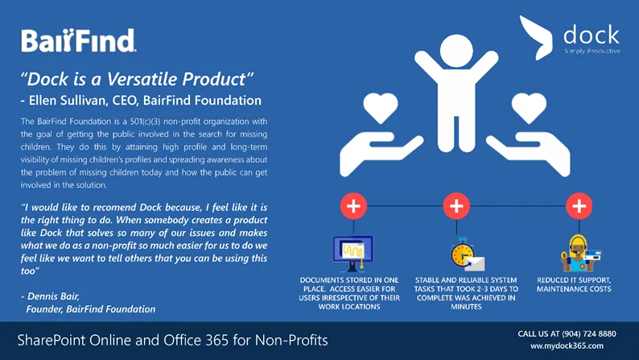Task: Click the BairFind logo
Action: pos(79,40)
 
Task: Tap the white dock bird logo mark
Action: pos(535,38)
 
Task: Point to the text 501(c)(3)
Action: pos(147,122)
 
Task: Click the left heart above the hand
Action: pos(381,108)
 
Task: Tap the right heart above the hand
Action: pos(529,108)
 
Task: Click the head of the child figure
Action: pos(456,51)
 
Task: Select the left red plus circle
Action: pos(353,206)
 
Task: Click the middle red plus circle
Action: pos(456,206)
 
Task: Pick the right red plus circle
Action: pos(579,206)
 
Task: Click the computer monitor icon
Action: pos(353,254)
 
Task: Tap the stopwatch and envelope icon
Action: pos(467,254)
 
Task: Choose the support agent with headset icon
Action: pos(579,253)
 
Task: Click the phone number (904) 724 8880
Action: pos(589,334)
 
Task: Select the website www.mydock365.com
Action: pos(567,346)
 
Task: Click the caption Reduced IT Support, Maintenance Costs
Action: pos(574,284)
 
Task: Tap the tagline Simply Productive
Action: pos(592,51)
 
